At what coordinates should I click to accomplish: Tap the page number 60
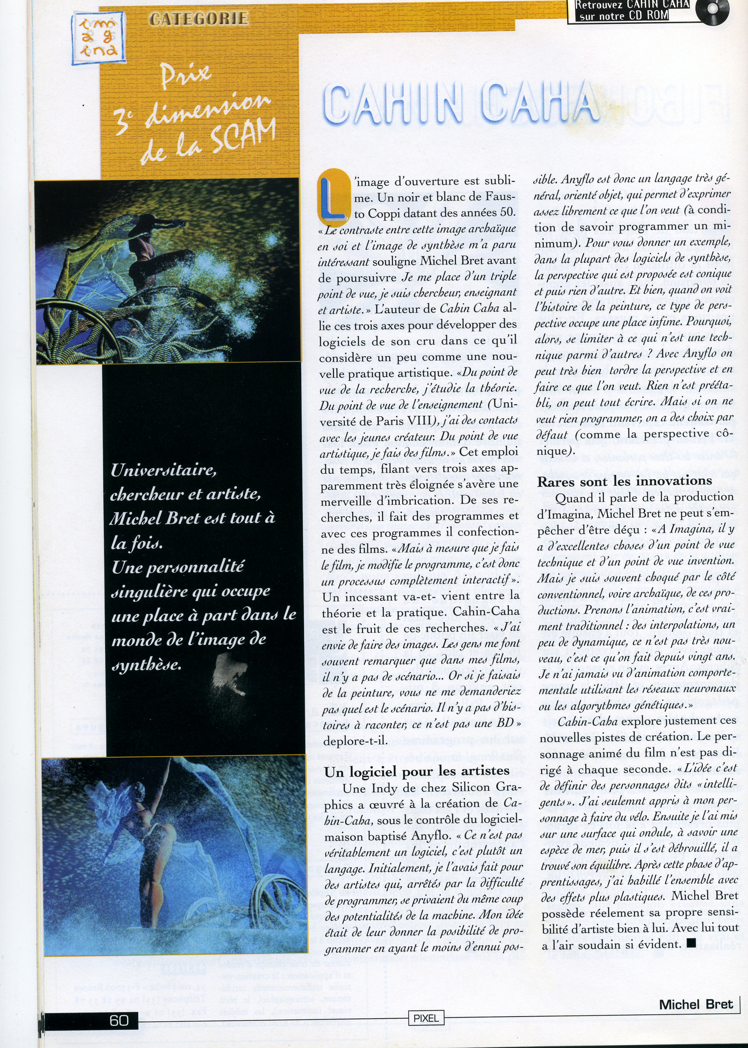[119, 1020]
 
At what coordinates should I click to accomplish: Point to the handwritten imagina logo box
[98, 37]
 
